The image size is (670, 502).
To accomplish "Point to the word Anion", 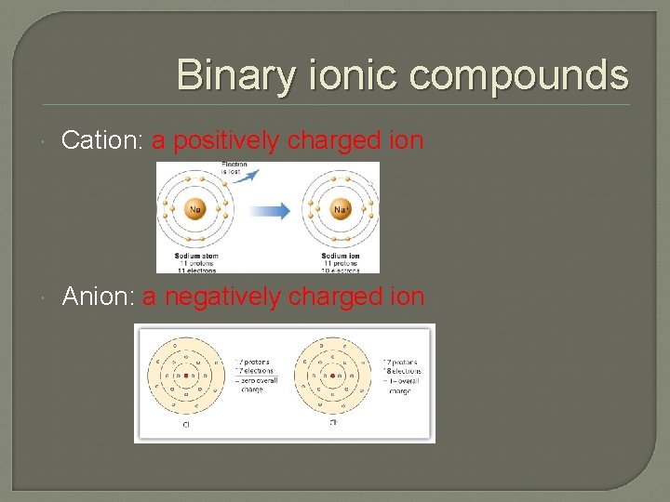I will (99, 297).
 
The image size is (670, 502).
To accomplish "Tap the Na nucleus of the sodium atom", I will (195, 210).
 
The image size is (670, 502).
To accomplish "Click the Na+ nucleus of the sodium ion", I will (341, 210).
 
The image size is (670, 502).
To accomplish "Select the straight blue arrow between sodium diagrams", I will (270, 211).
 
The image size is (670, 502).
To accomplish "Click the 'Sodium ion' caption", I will (340, 256).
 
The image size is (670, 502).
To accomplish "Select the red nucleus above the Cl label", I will (187, 376).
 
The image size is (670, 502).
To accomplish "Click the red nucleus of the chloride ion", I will (333, 376).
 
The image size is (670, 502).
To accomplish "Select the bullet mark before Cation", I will (46, 141).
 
